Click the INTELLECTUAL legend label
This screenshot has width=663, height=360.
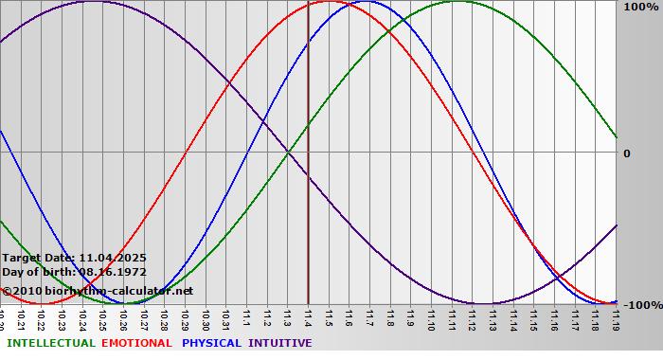pyautogui.click(x=50, y=343)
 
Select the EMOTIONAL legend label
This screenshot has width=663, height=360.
pyautogui.click(x=136, y=343)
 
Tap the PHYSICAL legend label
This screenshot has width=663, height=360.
pyautogui.click(x=211, y=343)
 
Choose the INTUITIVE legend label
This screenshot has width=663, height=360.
pyautogui.click(x=279, y=343)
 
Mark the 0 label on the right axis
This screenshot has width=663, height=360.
pyautogui.click(x=626, y=153)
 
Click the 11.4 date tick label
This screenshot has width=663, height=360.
pyautogui.click(x=308, y=315)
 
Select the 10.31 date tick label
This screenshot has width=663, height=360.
pyautogui.click(x=225, y=317)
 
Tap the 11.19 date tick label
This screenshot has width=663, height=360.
pyautogui.click(x=616, y=317)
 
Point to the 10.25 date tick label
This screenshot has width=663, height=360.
pyautogui.click(x=102, y=317)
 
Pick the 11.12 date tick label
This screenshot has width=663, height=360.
pyautogui.click(x=472, y=317)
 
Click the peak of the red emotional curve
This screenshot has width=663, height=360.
pyautogui.click(x=329, y=2)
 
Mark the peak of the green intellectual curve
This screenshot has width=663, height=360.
pyautogui.click(x=457, y=2)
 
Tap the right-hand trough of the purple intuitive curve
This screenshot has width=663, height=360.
pyautogui.click(x=483, y=303)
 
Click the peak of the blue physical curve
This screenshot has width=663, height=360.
pyautogui.click(x=369, y=2)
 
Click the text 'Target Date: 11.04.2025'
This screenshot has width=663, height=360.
pyautogui.click(x=74, y=258)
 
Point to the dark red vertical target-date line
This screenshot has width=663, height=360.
pyautogui.click(x=308, y=189)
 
